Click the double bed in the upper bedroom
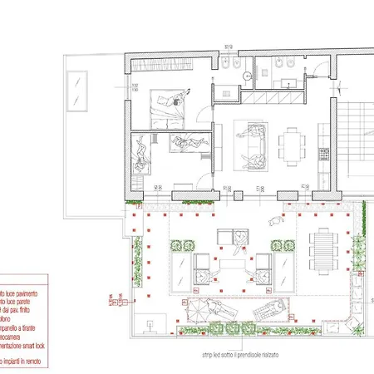(x=170, y=106)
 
